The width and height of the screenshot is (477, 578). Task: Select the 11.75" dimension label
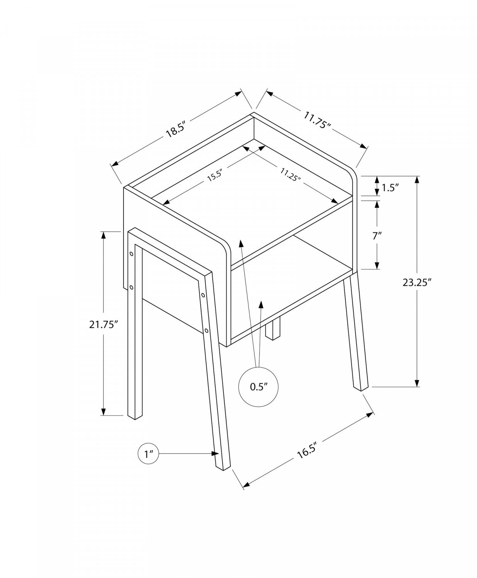(x=317, y=120)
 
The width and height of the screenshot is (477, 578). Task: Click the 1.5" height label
(x=390, y=188)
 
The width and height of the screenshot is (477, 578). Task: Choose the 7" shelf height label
(x=377, y=236)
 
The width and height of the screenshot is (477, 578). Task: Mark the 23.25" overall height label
(x=416, y=282)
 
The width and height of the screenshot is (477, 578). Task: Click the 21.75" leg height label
(x=103, y=324)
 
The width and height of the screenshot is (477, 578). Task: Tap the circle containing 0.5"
(x=259, y=387)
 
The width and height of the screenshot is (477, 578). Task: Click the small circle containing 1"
(x=149, y=454)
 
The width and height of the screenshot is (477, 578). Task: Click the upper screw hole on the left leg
(x=132, y=254)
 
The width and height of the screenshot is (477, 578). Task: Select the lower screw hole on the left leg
(x=132, y=287)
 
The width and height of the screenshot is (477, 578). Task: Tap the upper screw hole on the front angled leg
(x=203, y=296)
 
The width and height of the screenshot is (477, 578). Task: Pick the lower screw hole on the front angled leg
(x=207, y=330)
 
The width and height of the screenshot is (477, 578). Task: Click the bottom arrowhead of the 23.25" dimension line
(x=417, y=383)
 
